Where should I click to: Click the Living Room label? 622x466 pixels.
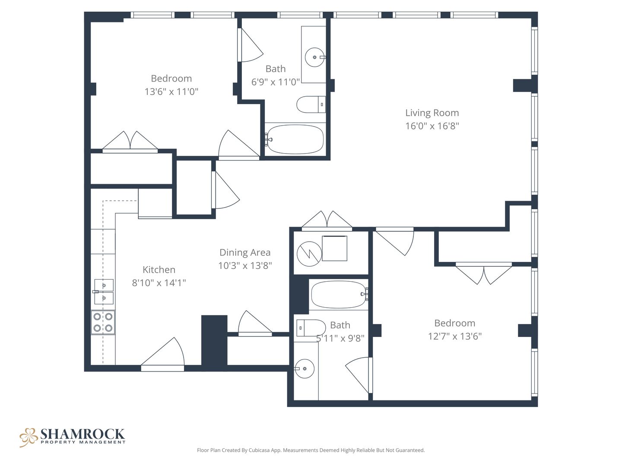pos(432,113)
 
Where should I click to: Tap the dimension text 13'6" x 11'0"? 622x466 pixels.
pos(171,91)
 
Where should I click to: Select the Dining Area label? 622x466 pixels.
pos(245,252)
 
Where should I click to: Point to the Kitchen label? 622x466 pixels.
pos(159,270)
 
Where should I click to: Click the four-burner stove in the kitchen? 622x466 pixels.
pos(103,322)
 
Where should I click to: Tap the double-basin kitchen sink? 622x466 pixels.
pos(103,292)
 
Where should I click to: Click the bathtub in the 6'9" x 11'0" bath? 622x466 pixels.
pos(295,139)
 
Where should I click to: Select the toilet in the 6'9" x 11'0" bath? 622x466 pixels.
pos(311,104)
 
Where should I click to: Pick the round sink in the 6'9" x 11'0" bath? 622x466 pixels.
pos(315,57)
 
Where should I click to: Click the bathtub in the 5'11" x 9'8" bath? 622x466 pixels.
pos(340,294)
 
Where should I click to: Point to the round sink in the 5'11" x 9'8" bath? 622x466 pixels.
pos(305,368)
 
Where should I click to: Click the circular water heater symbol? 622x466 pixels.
pos(309,254)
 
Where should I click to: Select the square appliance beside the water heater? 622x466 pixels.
pos(334,248)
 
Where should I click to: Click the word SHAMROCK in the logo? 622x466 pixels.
pos(83,434)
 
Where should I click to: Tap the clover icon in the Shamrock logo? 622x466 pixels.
pos(29,437)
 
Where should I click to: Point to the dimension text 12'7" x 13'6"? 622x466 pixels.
pos(455,337)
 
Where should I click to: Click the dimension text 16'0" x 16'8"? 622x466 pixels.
pos(432,126)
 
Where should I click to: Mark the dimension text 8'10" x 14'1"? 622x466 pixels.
pos(159,283)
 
